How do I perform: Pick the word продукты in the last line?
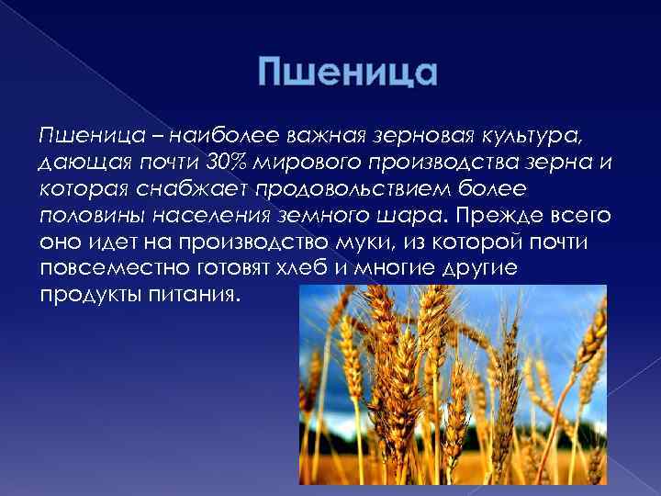point(79,297)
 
